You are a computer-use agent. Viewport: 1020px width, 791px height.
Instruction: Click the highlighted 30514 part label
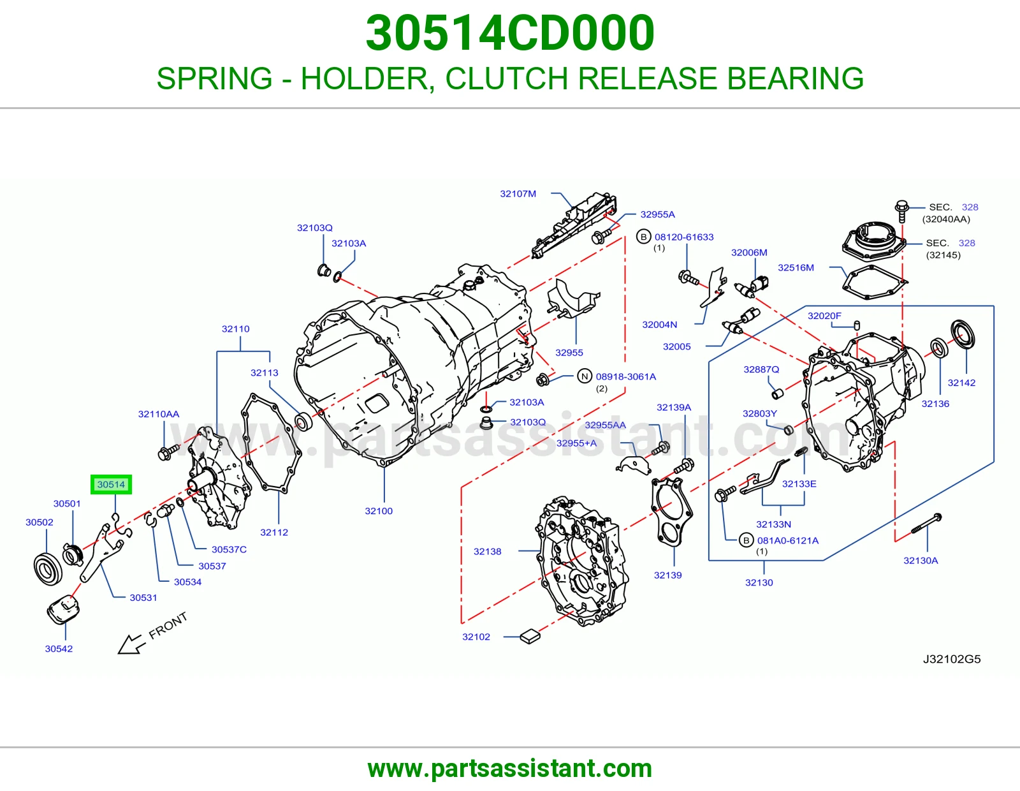coord(112,484)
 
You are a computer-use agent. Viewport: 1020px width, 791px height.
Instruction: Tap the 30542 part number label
coord(59,649)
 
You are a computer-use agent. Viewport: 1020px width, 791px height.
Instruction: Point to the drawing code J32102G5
coord(952,659)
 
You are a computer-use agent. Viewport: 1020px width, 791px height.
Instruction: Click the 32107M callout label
coord(518,193)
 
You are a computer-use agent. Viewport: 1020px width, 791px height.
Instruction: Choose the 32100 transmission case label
coord(379,510)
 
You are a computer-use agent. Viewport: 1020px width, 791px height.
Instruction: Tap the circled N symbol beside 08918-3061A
coord(585,376)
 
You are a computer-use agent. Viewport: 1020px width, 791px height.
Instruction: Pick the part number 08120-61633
coord(684,237)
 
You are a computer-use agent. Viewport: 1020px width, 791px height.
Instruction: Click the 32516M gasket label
coord(796,267)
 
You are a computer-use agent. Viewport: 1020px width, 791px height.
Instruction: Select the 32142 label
coord(961,382)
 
